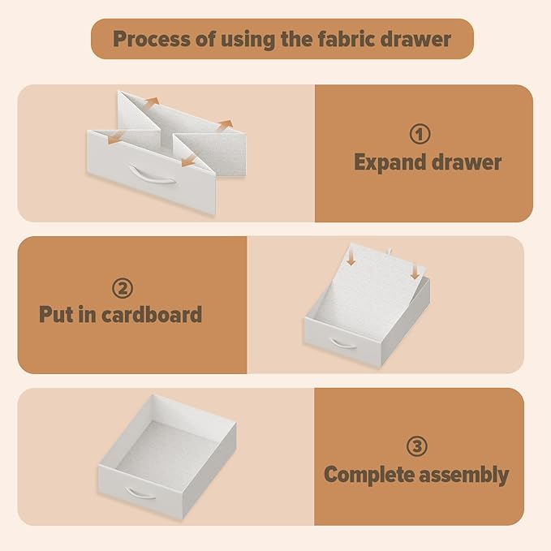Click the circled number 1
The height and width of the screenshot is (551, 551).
click(x=420, y=134)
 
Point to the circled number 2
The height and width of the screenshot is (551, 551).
click(x=123, y=288)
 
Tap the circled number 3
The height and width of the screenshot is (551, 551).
click(x=417, y=446)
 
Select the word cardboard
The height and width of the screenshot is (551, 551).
click(x=152, y=314)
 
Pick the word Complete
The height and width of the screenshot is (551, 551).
click(x=369, y=475)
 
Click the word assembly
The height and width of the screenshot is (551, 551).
click(x=464, y=476)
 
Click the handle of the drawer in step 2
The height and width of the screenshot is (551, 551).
click(x=343, y=344)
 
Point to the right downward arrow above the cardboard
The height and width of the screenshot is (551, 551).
click(x=415, y=271)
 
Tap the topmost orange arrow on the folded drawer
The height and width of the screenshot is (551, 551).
click(x=153, y=101)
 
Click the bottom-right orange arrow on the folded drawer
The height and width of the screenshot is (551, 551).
click(x=189, y=160)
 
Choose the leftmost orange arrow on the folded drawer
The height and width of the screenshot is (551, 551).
click(x=115, y=137)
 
